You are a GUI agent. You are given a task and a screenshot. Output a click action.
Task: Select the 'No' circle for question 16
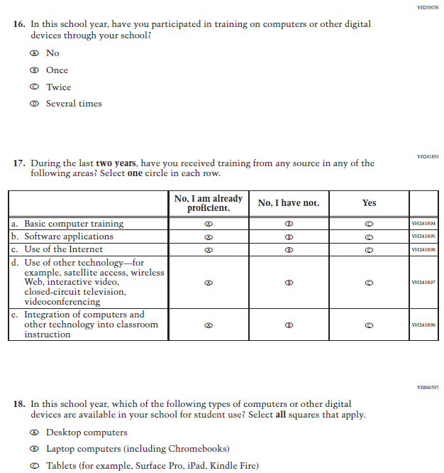point(34,53)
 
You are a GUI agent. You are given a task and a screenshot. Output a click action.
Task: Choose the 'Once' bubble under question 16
point(34,70)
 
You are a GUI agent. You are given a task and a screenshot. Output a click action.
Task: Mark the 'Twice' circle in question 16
point(34,87)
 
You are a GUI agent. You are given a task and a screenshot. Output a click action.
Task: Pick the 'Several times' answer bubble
point(34,104)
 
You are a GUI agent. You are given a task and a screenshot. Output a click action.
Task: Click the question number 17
point(20,163)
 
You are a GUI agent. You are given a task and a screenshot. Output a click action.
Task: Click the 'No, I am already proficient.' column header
point(209,203)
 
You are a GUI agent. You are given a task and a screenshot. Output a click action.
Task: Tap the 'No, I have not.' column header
point(289,203)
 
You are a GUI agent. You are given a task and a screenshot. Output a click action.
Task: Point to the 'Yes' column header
point(369,203)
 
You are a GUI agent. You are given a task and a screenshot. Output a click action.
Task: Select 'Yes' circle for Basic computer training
point(369,224)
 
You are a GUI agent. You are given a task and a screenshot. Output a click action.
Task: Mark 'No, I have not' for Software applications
point(289,236)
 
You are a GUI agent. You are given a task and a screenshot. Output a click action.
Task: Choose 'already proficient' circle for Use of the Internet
point(209,249)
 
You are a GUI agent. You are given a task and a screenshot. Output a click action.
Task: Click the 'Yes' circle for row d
point(369,282)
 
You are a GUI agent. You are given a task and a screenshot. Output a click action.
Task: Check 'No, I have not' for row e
point(289,325)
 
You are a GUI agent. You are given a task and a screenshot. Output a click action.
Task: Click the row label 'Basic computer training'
point(74,224)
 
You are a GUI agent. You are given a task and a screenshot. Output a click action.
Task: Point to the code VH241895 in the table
point(423,236)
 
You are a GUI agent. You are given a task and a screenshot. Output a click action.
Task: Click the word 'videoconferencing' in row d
point(62,302)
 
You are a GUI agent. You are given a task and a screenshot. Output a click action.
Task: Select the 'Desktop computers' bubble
point(34,433)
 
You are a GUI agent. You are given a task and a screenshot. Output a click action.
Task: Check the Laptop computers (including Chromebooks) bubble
point(34,449)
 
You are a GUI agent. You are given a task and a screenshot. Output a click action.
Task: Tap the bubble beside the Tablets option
point(34,466)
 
